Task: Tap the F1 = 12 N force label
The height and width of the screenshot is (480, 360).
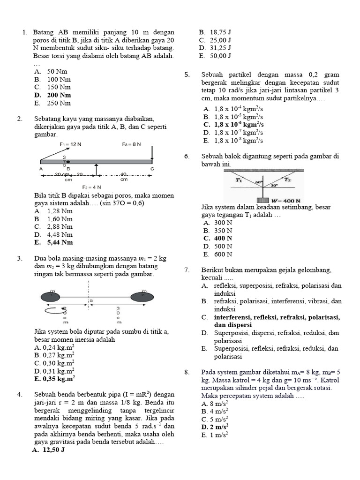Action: [x=70, y=144]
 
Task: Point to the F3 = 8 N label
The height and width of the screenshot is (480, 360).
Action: [x=131, y=144]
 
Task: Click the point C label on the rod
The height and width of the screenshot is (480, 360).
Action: [x=151, y=168]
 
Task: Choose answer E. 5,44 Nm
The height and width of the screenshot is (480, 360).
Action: [x=54, y=243]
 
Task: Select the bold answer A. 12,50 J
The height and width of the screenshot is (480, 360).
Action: [x=48, y=450]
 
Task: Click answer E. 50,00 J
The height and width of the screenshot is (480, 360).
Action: [x=215, y=56]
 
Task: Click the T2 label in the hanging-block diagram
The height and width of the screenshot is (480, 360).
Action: [x=287, y=180]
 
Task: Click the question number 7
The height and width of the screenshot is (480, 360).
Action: [x=186, y=270]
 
